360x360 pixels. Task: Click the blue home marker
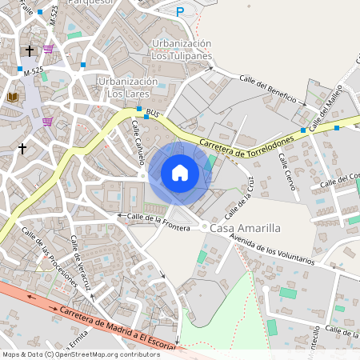[180, 173]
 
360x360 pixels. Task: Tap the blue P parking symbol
[180, 11]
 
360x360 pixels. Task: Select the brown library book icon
[13, 97]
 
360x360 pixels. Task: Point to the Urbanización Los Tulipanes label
[182, 50]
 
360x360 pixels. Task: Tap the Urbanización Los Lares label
[127, 88]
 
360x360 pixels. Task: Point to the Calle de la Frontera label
[158, 222]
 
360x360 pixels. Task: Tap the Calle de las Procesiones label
[50, 258]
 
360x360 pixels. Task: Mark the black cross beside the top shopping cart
[30, 50]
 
